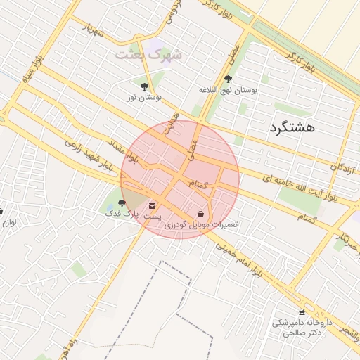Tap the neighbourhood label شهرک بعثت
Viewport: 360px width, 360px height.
pos(149,53)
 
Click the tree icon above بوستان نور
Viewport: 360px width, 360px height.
pos(144,86)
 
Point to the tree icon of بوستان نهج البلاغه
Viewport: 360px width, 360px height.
pos(228,79)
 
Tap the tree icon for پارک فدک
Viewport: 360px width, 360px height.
pos(122,202)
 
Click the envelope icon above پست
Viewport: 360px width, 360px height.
pos(153,205)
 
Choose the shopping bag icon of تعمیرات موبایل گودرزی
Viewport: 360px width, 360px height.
pos(201,213)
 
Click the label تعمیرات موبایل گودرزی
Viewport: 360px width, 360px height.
pos(202,225)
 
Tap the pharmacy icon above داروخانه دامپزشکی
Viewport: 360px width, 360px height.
pos(302,312)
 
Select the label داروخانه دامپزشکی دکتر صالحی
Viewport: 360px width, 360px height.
pos(302,328)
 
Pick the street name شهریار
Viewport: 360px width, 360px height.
pos(94,32)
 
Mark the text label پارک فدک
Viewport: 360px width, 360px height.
pos(119,213)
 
